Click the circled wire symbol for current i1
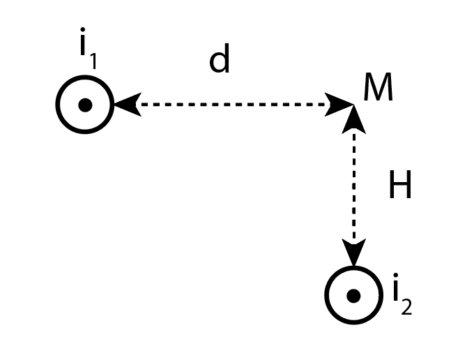coord(85,105)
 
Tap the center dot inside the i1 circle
coord(85,105)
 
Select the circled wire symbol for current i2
coord(353,295)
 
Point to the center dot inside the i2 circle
coord(353,296)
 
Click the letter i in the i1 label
coord(83,51)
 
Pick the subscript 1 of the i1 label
coord(93,63)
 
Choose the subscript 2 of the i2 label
coord(406,306)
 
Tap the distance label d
coord(220,62)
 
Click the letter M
coord(378,89)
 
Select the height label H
coord(400,187)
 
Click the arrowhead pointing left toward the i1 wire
coord(125,105)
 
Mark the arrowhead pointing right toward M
coord(342,105)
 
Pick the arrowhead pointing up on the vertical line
coord(354,119)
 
